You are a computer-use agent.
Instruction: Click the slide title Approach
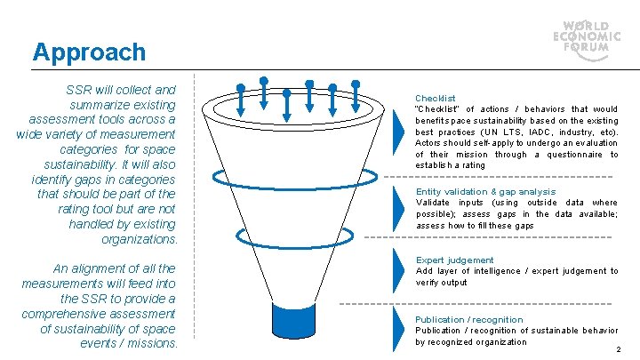tap(89, 52)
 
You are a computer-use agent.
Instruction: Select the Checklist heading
tap(436, 98)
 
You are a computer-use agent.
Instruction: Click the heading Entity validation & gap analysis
tap(485, 191)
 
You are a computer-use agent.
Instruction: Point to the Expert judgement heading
tap(455, 260)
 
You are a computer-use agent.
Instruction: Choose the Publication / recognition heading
tap(469, 319)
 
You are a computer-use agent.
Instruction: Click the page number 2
tap(618, 349)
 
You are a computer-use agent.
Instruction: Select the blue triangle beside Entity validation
tap(397, 207)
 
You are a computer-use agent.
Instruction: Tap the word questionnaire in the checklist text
tap(568, 155)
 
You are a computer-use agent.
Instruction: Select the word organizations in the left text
tap(140, 239)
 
